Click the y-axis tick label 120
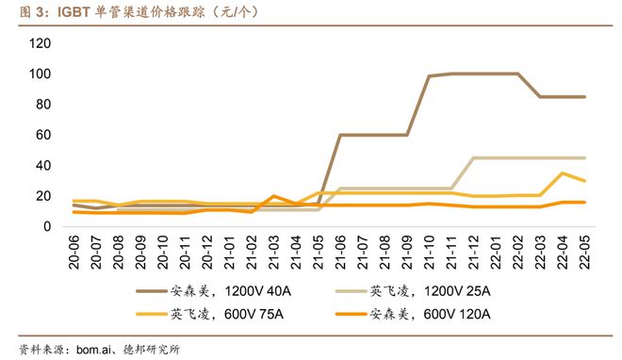40,43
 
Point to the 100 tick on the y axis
40,74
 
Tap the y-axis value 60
43,135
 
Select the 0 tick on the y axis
47,226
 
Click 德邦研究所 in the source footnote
153,348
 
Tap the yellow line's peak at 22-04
563,173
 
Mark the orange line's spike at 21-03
273,196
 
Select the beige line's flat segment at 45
528,157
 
